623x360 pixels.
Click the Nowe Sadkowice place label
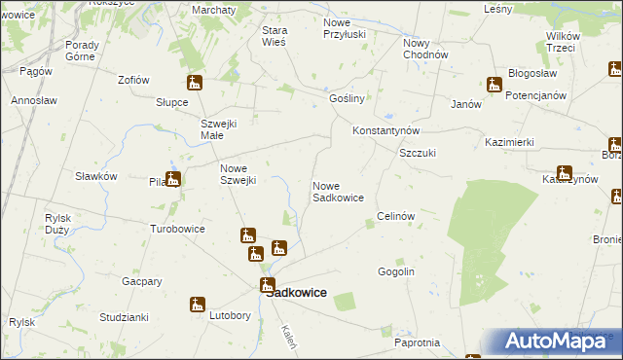tap(338, 192)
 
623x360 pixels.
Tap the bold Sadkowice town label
tap(296, 292)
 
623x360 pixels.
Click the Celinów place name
tap(396, 216)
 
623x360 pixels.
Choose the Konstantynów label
tap(385, 130)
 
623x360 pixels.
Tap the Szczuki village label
tap(417, 154)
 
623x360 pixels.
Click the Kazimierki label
tap(509, 142)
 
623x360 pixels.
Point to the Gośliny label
tap(347, 99)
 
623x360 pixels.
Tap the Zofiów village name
tap(132, 80)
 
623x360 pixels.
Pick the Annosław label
tap(34, 100)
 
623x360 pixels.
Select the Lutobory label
tap(230, 316)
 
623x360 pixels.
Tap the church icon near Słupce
tap(195, 84)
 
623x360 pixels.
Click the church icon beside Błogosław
tap(494, 85)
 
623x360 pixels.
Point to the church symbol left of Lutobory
tap(198, 306)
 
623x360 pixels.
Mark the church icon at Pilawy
tap(172, 179)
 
